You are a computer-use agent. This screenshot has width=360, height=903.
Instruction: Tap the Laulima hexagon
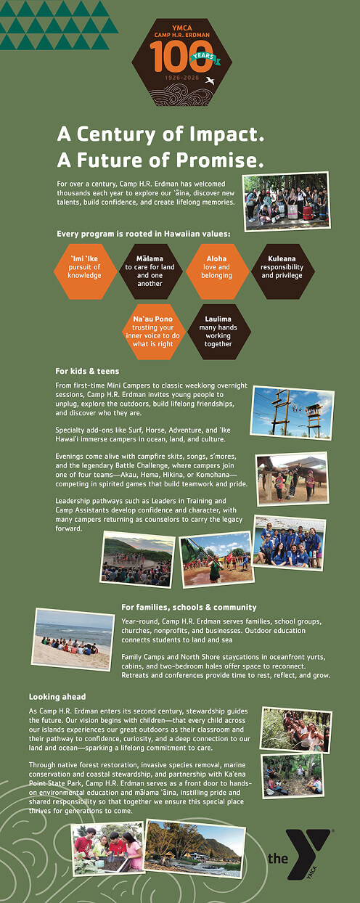(218, 331)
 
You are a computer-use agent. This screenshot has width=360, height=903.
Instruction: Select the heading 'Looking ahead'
(57, 696)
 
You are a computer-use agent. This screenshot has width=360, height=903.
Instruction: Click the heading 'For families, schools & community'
(189, 607)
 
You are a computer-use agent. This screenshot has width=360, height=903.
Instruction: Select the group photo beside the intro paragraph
(285, 201)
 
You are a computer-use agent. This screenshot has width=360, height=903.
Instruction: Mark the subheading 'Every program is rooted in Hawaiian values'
(144, 234)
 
